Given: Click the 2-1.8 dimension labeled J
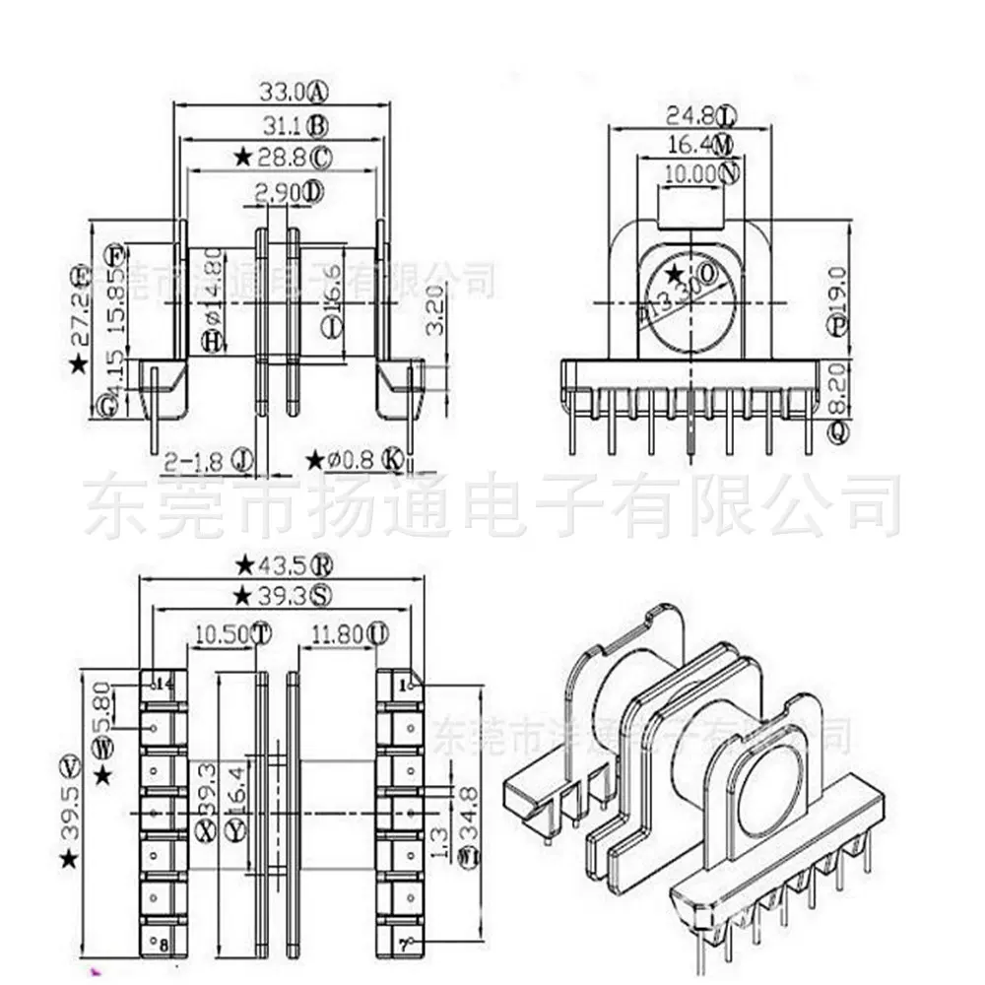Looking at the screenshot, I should [x=196, y=459].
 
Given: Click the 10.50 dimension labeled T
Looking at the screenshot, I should [x=222, y=633].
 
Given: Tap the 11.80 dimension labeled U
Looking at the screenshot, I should [x=338, y=633].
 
